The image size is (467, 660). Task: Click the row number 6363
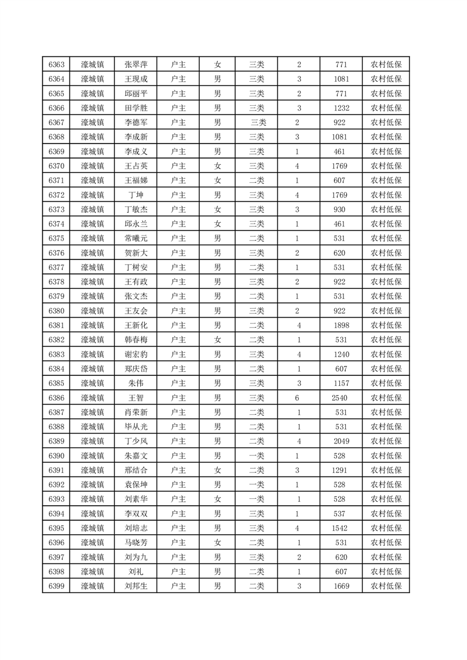click(57, 65)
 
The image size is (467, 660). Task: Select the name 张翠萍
click(136, 65)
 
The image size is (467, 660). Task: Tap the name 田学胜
click(136, 108)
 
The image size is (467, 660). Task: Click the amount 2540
click(341, 398)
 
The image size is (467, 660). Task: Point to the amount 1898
click(341, 325)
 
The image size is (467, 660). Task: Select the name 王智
click(136, 398)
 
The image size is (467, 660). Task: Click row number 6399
click(57, 586)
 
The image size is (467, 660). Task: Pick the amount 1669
click(341, 586)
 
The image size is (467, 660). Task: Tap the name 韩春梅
click(136, 340)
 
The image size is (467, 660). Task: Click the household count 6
click(298, 398)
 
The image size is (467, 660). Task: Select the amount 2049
click(341, 441)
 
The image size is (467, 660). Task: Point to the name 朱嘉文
click(136, 456)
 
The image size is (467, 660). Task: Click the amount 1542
click(341, 528)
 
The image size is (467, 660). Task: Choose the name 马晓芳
click(136, 542)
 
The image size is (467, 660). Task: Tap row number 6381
click(57, 325)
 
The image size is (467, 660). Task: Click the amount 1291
click(341, 470)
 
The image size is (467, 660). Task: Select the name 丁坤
click(136, 195)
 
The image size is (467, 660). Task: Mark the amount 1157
click(341, 384)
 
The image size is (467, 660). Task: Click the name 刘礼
click(136, 572)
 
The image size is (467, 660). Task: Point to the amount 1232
click(341, 108)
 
